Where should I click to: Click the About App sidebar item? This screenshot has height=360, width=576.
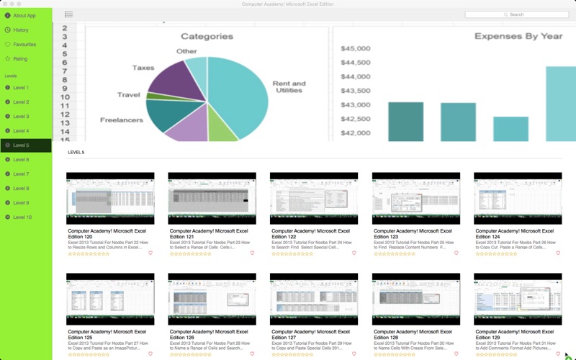click(24, 15)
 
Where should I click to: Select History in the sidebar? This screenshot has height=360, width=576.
click(21, 30)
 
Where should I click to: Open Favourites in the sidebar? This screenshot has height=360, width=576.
click(24, 45)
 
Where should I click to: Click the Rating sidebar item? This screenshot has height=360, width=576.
click(19, 59)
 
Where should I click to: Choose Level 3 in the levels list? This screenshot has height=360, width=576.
click(21, 117)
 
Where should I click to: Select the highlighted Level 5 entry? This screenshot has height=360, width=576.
click(21, 145)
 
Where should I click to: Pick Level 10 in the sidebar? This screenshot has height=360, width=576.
click(22, 217)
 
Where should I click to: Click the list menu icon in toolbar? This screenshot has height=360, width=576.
click(68, 14)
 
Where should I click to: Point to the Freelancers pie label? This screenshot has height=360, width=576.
click(121, 120)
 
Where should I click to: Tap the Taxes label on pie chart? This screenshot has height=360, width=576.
click(143, 68)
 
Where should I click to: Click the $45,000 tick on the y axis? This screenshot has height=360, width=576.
click(356, 49)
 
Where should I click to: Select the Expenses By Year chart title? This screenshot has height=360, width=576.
click(518, 36)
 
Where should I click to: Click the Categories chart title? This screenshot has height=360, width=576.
click(207, 36)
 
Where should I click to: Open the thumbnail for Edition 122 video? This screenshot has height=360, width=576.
click(313, 199)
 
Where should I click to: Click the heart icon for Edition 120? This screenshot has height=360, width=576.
click(150, 253)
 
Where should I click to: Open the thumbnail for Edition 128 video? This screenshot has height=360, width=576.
click(415, 299)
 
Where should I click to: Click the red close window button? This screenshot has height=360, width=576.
click(5, 4)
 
